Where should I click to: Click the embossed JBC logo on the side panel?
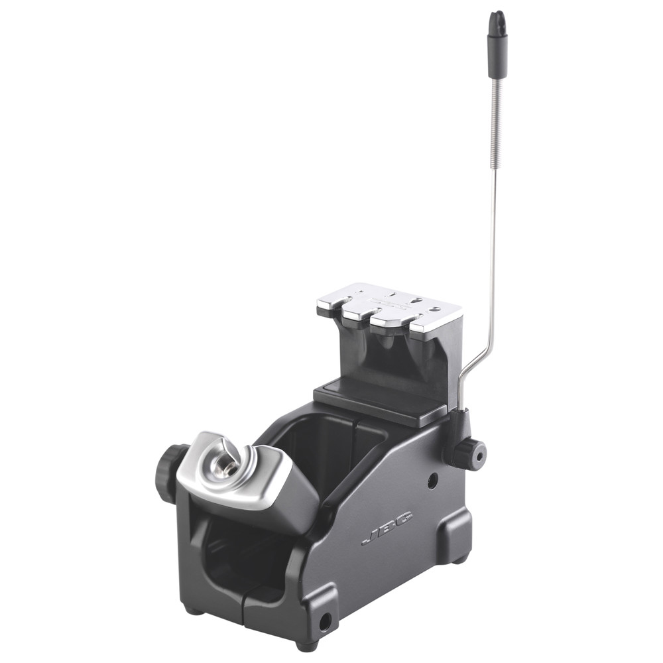point(387,527)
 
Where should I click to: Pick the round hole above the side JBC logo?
point(432,481)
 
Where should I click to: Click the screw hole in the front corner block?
point(325,621)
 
